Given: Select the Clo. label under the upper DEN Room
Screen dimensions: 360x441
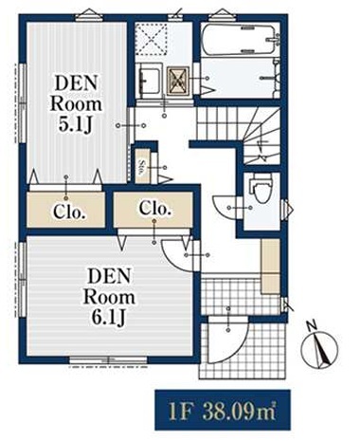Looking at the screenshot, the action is [x=69, y=212].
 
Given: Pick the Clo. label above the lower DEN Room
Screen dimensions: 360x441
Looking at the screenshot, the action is [x=155, y=209].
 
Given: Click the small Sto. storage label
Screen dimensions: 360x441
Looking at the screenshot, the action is [x=141, y=166].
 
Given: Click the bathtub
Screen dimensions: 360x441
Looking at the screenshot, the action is [x=239, y=40].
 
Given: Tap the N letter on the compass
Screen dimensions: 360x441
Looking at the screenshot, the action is [x=312, y=325].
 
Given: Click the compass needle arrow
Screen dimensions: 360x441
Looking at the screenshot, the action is [x=320, y=350].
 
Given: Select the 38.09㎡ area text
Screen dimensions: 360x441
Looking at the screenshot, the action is [x=240, y=410].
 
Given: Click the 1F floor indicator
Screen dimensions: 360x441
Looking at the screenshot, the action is [x=180, y=410].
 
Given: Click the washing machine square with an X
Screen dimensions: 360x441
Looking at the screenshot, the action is [x=178, y=81].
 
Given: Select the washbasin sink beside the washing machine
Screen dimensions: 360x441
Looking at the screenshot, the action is [x=149, y=79].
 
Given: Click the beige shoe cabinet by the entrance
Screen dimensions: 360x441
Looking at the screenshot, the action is [x=270, y=266].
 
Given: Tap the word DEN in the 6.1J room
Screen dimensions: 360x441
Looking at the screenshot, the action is [x=109, y=276].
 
